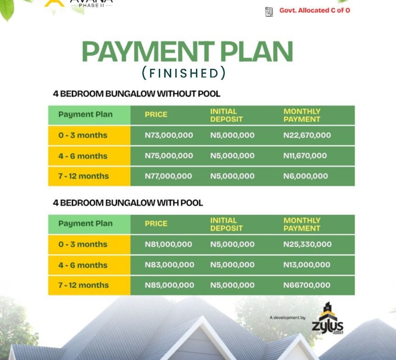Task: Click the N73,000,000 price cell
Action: click(169, 135)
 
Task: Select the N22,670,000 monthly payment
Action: click(307, 135)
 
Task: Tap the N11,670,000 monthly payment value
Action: click(305, 156)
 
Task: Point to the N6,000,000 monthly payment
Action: click(306, 176)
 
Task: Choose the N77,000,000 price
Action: click(168, 176)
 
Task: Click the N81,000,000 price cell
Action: click(168, 244)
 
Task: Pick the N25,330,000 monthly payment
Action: click(307, 244)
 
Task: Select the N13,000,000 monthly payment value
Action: click(307, 265)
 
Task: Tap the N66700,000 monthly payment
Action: click(307, 285)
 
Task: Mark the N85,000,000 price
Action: click(169, 285)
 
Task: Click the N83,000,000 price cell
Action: click(169, 265)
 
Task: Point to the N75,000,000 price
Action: click(169, 156)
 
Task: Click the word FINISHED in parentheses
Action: click(184, 73)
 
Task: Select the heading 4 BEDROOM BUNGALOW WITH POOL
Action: click(128, 203)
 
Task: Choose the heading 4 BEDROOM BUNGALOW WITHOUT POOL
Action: click(137, 94)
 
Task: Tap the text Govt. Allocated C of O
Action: click(315, 10)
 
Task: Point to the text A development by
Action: click(288, 317)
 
